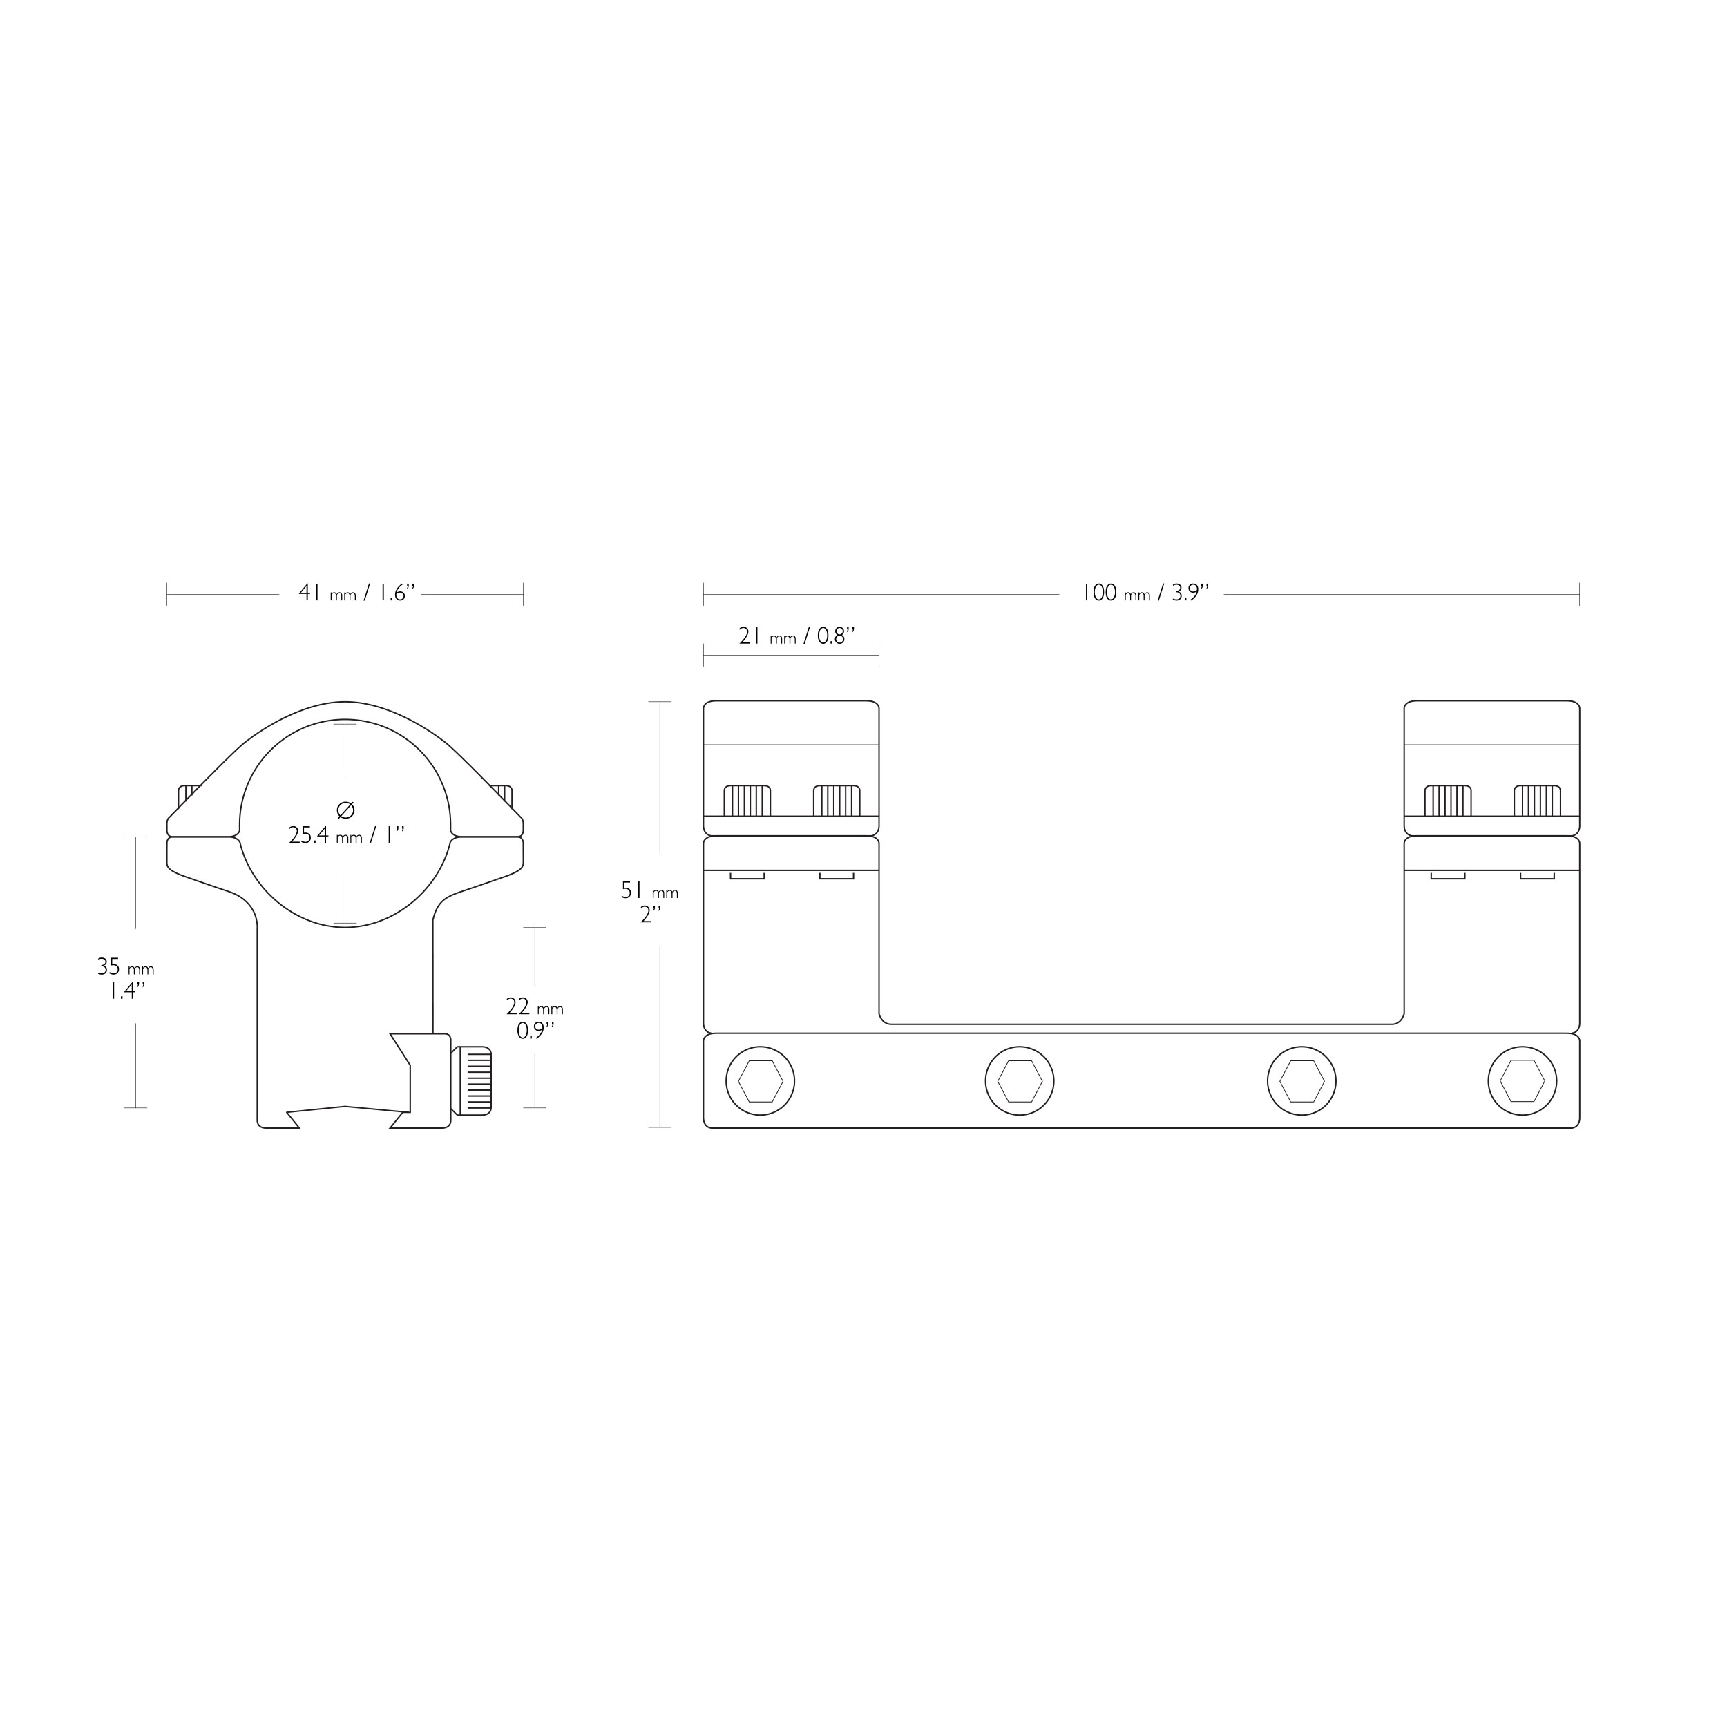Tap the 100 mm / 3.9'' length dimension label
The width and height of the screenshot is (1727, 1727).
pyautogui.click(x=1145, y=593)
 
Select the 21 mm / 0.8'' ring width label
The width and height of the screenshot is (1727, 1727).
pyautogui.click(x=796, y=636)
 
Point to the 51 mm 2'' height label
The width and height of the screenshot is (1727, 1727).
pyautogui.click(x=651, y=903)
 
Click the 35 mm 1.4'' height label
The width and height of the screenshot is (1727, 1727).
pyautogui.click(x=126, y=979)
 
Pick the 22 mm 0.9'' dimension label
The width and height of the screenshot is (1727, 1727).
pyautogui.click(x=535, y=1019)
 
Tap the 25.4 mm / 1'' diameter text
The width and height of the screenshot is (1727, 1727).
pyautogui.click(x=347, y=836)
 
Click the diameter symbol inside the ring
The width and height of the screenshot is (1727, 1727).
pyautogui.click(x=346, y=810)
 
